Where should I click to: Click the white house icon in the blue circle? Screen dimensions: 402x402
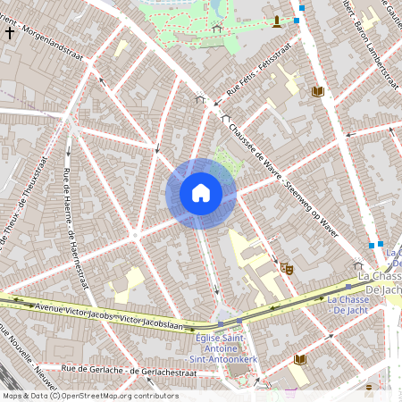tap(201, 193)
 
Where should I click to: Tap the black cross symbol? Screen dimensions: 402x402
tap(10, 33)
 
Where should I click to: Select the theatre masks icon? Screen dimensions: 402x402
tap(286, 267)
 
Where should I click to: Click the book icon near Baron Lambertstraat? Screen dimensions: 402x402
tap(317, 91)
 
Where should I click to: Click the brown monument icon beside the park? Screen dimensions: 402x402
tap(277, 21)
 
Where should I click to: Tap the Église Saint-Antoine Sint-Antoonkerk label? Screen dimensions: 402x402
tap(220, 346)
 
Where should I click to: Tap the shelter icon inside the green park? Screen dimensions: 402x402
tap(217, 29)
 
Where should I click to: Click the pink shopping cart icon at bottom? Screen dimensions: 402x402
tap(290, 391)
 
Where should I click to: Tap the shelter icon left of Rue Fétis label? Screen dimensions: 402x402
tap(200, 99)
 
